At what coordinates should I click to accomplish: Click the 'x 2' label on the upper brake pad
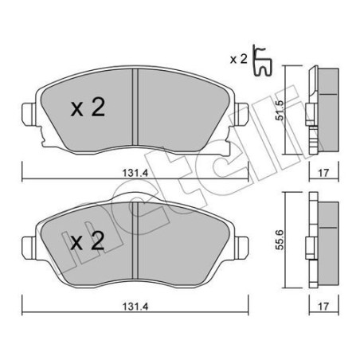click(x=87, y=109)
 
